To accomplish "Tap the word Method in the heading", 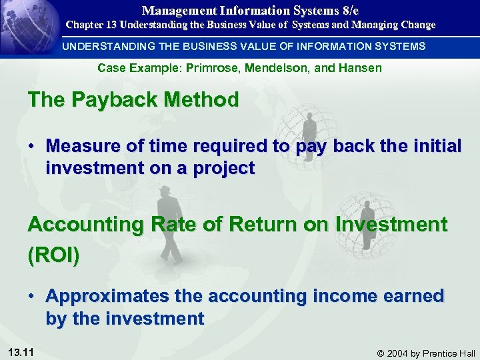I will click(203, 100).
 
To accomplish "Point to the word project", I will click(225, 169).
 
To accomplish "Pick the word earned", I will click(413, 297).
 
